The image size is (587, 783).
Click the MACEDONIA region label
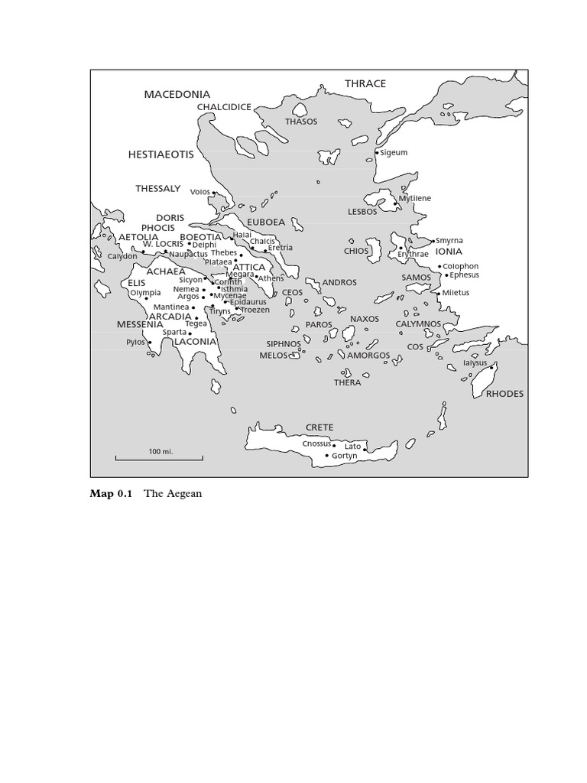point(177,94)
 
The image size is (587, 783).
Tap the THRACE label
point(365,83)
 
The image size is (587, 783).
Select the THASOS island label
point(301,122)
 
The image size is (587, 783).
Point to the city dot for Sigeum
point(377,153)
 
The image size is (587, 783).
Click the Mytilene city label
point(414,199)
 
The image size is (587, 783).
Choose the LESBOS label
point(362,212)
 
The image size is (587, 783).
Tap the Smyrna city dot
point(433,241)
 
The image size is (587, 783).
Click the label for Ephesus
point(464,275)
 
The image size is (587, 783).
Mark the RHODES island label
point(504,394)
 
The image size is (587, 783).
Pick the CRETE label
point(319,427)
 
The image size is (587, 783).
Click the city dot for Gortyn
point(327,456)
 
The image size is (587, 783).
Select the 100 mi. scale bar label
point(161,452)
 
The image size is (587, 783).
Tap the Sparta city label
point(174,333)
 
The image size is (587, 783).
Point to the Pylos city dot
point(150,343)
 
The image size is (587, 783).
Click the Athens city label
point(271,278)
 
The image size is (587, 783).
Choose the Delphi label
point(204,245)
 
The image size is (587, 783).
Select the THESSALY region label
point(158,188)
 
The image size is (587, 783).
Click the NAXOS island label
point(365,319)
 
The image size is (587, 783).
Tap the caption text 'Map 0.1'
point(111,494)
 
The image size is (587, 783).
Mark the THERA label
point(347,382)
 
